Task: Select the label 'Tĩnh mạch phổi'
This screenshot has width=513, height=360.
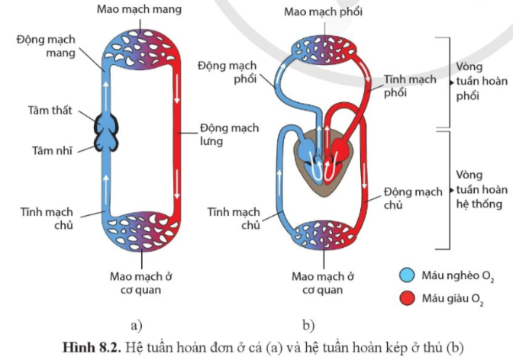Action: coord(411,85)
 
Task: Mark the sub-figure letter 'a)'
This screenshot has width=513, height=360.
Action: coord(137,323)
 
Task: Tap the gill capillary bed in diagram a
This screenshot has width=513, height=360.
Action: coord(142,43)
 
